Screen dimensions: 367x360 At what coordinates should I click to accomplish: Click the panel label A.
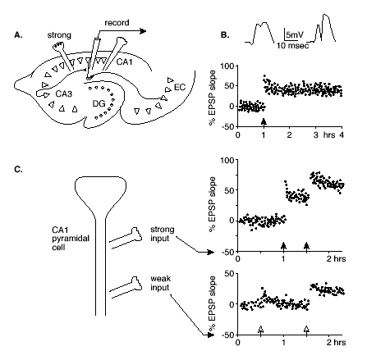coord(19,35)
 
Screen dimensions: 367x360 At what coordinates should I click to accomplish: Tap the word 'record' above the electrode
coord(117,23)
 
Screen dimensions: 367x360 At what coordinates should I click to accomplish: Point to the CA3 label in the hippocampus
coord(64,93)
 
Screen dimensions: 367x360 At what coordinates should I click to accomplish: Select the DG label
coord(99,103)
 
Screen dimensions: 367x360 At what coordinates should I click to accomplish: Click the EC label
coord(180,87)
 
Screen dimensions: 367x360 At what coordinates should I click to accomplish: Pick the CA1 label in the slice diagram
coord(125,62)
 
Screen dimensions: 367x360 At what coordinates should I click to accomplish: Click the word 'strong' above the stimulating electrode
coord(59,35)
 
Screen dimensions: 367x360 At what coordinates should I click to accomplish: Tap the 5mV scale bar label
coord(295,34)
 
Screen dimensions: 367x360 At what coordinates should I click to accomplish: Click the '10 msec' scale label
coord(292,45)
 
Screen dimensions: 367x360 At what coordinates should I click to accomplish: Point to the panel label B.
coord(225,35)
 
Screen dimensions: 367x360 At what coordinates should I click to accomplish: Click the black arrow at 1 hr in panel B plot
coord(264,122)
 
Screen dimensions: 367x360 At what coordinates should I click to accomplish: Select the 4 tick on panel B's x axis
coord(342,135)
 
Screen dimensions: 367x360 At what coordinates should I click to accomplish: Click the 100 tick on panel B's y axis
coord(227,66)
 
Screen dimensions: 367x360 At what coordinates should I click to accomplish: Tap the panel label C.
coord(19,170)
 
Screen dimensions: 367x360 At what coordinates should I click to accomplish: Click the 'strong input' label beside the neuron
coord(163,234)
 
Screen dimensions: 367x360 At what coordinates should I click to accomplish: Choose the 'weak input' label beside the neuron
coord(160,283)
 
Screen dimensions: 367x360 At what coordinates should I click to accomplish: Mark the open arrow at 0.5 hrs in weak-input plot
coord(260,330)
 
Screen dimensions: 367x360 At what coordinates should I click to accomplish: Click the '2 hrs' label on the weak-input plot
coord(336,342)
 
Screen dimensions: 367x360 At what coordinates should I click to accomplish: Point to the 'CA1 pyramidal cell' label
coord(71,239)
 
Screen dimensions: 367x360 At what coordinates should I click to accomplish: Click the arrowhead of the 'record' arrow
coord(143,31)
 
